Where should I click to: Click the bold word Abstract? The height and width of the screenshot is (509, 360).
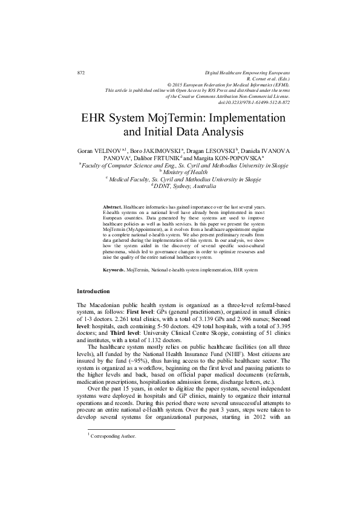click(x=113, y=207)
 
